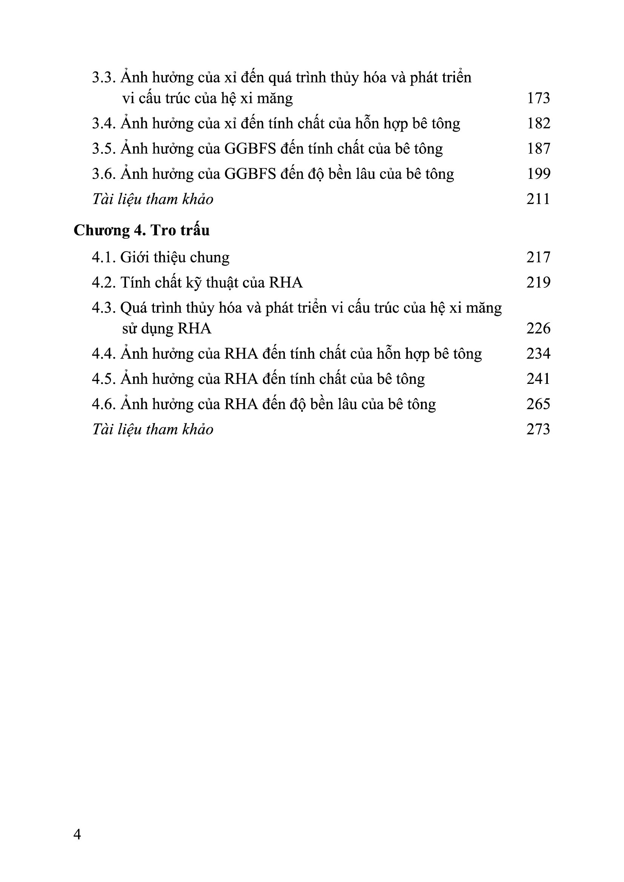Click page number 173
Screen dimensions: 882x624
pyautogui.click(x=538, y=98)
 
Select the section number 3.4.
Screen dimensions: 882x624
pyautogui.click(x=104, y=124)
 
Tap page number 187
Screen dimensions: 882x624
pyautogui.click(x=538, y=149)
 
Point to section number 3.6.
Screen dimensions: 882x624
pyautogui.click(x=104, y=174)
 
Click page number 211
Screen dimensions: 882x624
pyautogui.click(x=538, y=199)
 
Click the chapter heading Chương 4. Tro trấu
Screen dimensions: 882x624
pyautogui.click(x=142, y=230)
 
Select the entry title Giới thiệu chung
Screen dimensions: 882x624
pyautogui.click(x=175, y=258)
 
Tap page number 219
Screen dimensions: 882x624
pyautogui.click(x=538, y=283)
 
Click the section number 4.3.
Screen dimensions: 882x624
pyautogui.click(x=104, y=308)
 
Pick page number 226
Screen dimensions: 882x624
pyautogui.click(x=538, y=328)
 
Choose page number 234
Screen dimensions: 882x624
pyautogui.click(x=538, y=354)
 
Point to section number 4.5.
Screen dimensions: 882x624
pyautogui.click(x=104, y=379)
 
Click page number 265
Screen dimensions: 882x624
pyautogui.click(x=538, y=404)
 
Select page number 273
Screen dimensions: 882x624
pyautogui.click(x=538, y=429)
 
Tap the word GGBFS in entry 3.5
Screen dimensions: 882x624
pyautogui.click(x=250, y=149)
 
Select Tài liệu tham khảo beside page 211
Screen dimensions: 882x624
pyautogui.click(x=152, y=199)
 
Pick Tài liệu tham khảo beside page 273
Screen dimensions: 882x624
pyautogui.click(x=152, y=429)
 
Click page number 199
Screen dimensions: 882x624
pyautogui.click(x=538, y=174)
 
